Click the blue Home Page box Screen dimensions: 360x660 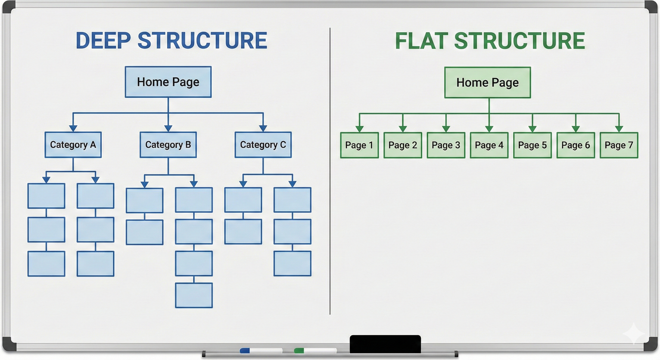pos(168,82)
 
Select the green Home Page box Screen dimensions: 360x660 pos(487,82)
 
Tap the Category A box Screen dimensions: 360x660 pos(73,145)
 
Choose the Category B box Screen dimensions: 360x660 pos(168,145)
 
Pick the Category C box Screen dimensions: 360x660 pos(263,145)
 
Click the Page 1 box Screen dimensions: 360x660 pos(359,145)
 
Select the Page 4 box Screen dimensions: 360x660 pos(489,145)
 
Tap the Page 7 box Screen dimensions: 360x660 pos(619,145)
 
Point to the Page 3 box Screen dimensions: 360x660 pos(446,145)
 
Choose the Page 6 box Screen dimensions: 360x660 pos(575,145)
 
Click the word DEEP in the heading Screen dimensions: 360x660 pos(103,40)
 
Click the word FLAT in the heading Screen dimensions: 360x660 pos(421,40)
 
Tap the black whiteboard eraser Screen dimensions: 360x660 pos(385,344)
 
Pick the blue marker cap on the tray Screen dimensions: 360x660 pos(245,351)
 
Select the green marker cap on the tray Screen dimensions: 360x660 pos(299,351)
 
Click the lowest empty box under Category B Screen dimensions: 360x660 pos(193,295)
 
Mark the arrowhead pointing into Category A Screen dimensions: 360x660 pos(73,128)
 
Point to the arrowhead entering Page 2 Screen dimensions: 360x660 pos(403,129)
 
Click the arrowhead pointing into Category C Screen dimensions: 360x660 pos(263,128)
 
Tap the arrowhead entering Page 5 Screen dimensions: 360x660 pos(532,129)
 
